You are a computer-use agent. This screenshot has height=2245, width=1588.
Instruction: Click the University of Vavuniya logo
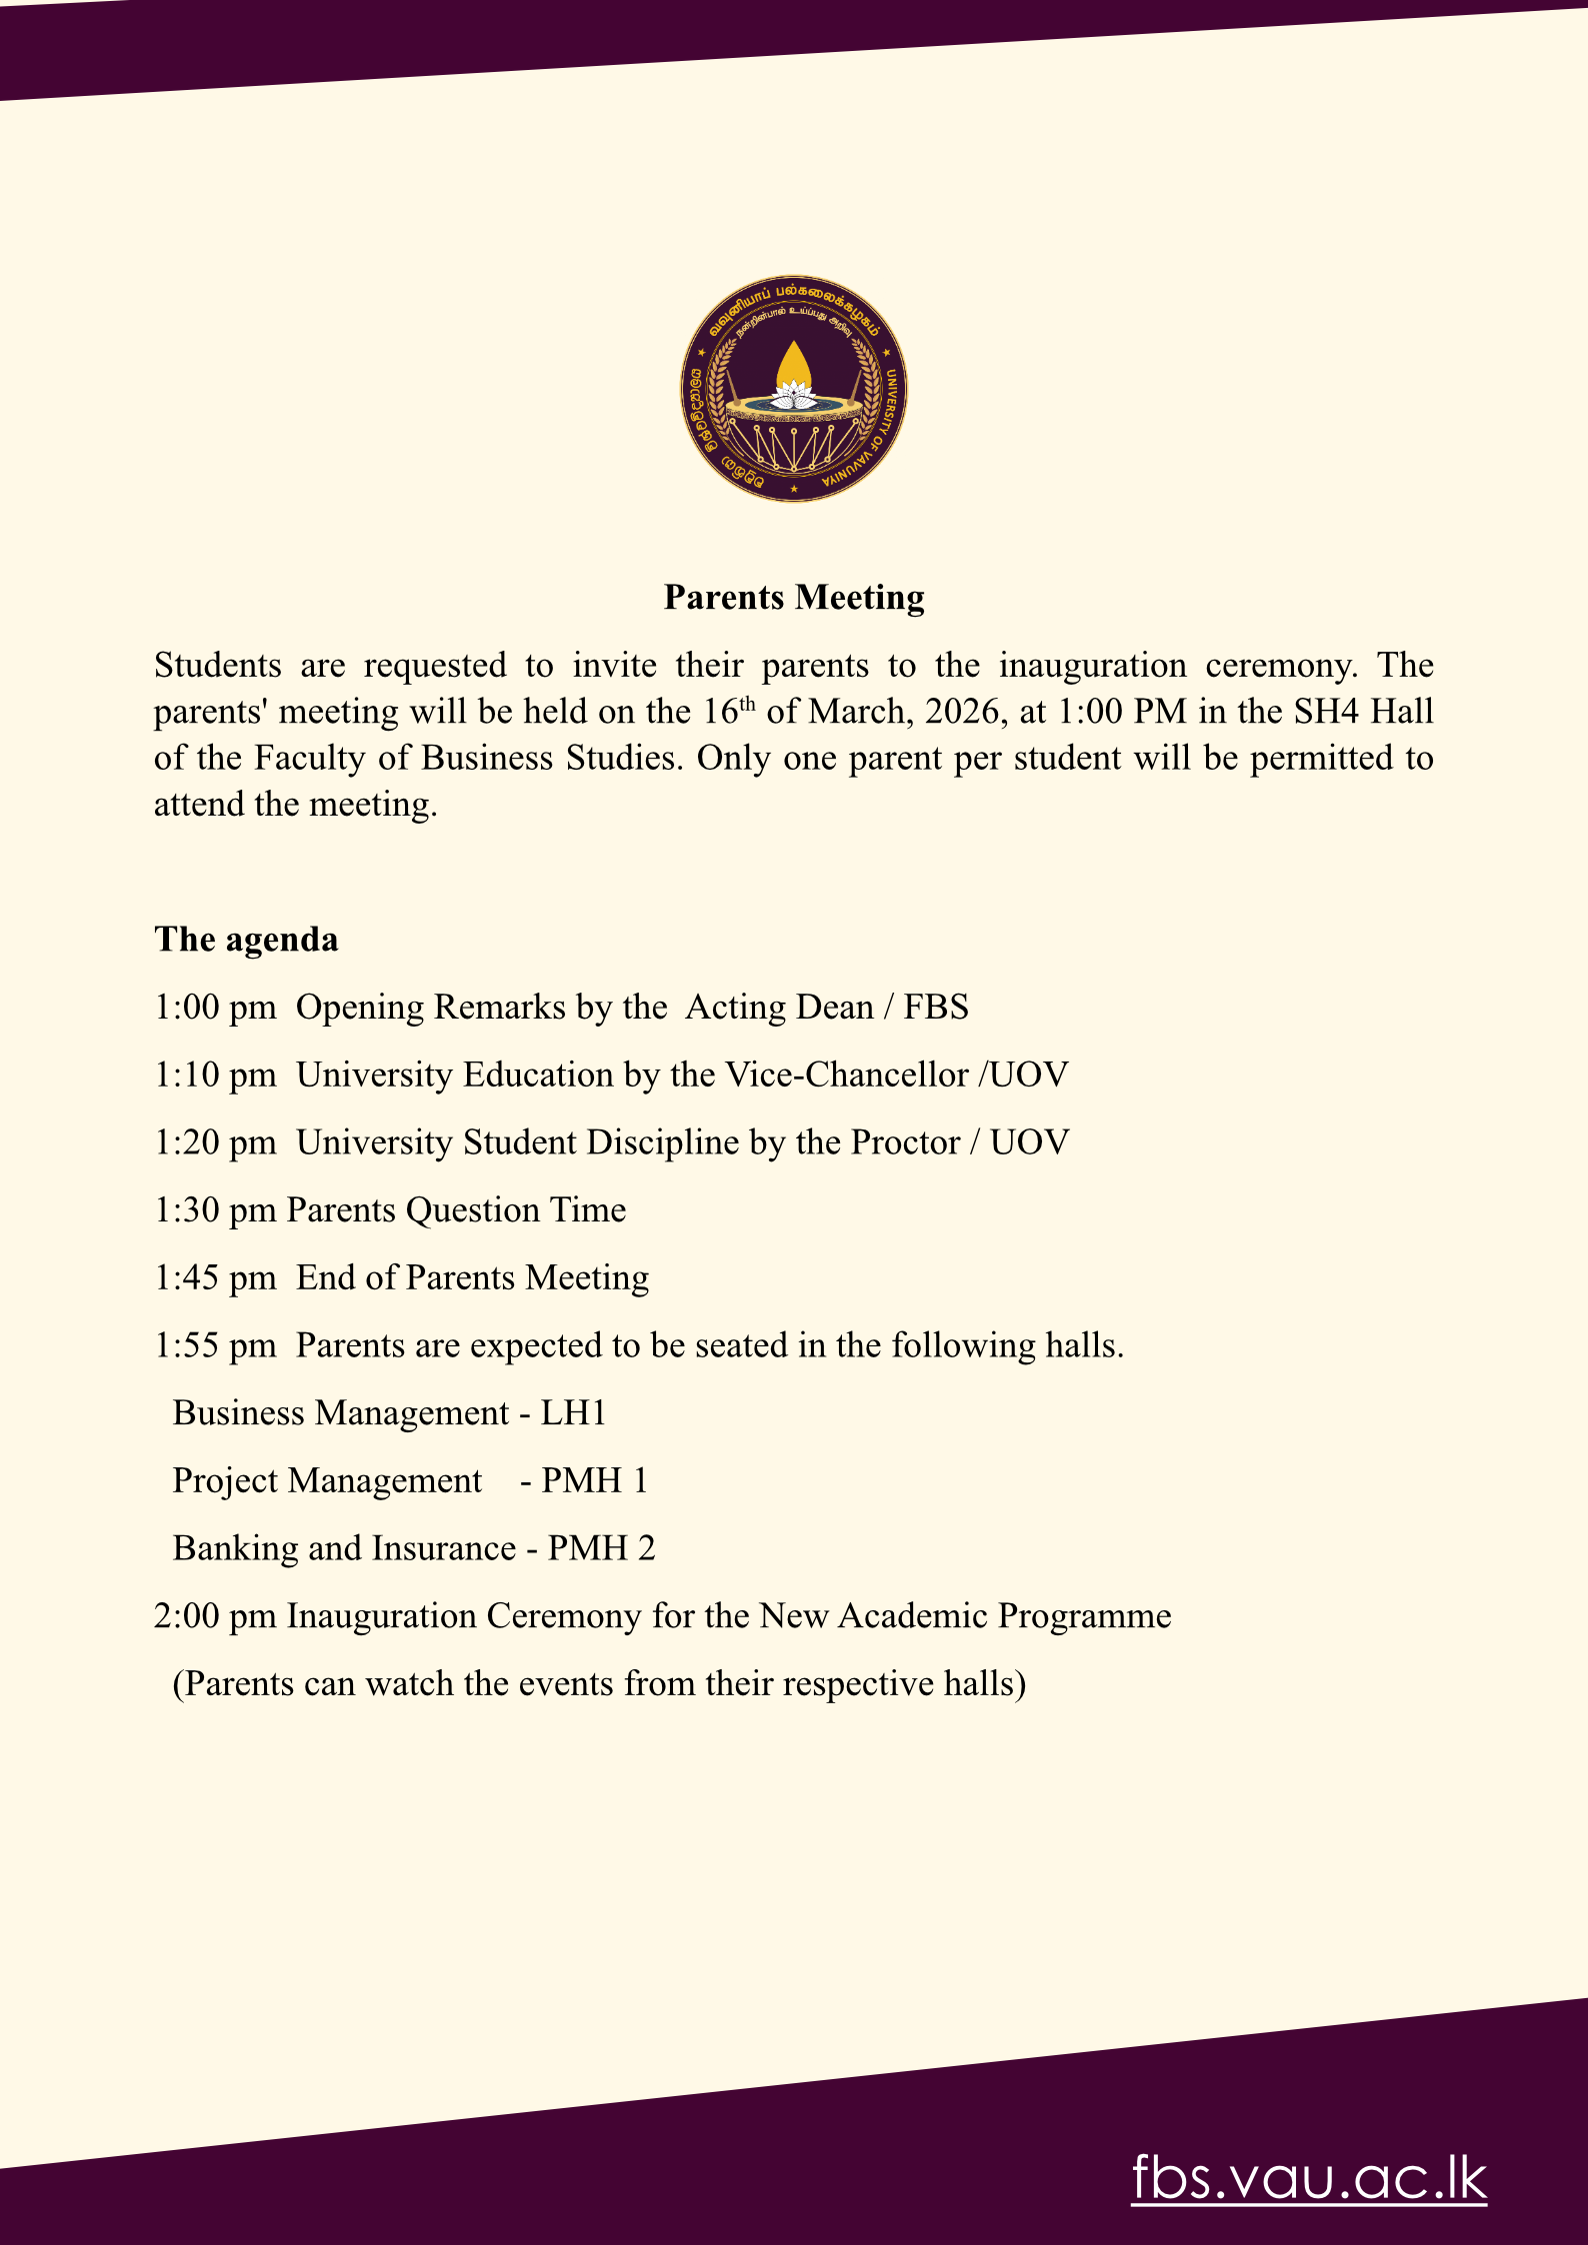[794, 389]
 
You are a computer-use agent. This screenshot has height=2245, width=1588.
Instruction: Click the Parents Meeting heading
[794, 597]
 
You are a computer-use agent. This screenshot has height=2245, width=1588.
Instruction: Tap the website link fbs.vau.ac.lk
[1309, 2178]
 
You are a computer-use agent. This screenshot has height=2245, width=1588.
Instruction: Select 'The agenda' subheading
[246, 940]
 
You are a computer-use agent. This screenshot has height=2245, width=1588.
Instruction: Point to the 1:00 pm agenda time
[215, 1008]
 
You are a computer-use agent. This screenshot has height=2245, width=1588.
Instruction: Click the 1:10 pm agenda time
[215, 1076]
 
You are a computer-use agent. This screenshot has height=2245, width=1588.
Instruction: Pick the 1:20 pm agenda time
[215, 1142]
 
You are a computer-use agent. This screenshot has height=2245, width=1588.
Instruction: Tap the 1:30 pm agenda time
[215, 1210]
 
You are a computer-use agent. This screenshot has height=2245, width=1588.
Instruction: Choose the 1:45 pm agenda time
[215, 1278]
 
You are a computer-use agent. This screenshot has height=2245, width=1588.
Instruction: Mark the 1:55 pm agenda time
[215, 1346]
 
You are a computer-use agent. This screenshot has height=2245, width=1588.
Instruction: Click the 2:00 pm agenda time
[215, 1616]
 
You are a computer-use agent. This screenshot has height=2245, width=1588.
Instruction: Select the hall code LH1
[574, 1413]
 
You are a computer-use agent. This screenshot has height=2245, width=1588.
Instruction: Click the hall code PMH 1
[595, 1481]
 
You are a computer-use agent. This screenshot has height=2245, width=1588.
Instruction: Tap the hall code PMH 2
[602, 1548]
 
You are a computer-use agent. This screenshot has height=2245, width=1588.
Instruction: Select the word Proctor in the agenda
[905, 1142]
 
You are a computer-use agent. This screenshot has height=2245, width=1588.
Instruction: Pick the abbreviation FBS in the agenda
[936, 1008]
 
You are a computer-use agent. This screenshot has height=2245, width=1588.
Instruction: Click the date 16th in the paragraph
[728, 711]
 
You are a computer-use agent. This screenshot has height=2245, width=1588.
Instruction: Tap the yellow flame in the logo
[793, 364]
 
